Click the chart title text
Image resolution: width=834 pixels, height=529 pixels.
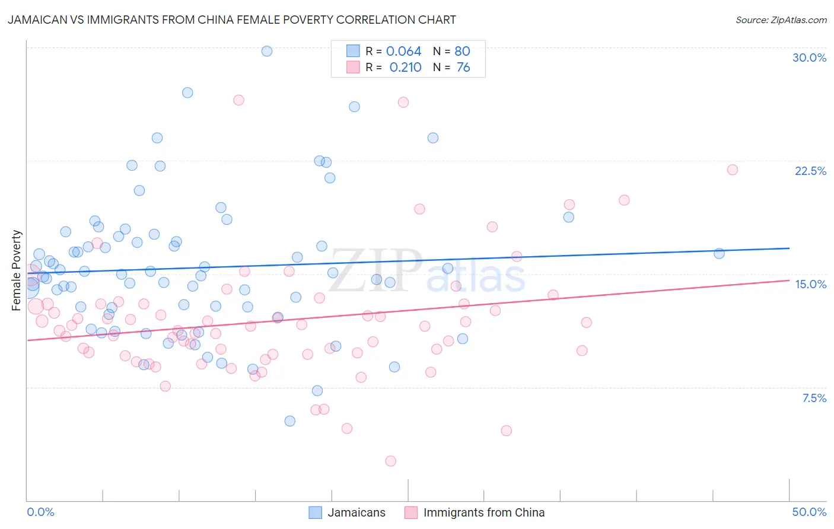[232, 20]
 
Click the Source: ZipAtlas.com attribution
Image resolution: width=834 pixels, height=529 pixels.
[781, 20]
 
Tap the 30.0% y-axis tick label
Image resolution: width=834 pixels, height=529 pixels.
[809, 58]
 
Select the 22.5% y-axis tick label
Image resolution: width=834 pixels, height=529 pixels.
[810, 171]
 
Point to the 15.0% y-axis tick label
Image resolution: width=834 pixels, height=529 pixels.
[810, 284]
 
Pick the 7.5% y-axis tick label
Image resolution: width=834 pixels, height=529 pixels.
[814, 398]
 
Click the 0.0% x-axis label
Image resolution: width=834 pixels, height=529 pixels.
[40, 512]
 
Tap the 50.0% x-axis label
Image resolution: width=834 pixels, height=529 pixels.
[809, 512]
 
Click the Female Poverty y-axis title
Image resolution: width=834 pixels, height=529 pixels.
[17, 270]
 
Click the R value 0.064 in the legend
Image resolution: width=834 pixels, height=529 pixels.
[403, 52]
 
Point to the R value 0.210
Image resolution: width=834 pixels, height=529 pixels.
[405, 68]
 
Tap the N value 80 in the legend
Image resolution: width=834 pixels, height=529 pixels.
[462, 52]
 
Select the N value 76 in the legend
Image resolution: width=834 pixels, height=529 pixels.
[463, 68]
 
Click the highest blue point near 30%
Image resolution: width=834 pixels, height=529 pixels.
[267, 51]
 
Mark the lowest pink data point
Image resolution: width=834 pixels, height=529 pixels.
[390, 461]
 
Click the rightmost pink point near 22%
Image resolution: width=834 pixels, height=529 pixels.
[732, 170]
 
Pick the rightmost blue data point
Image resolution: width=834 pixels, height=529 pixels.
[719, 253]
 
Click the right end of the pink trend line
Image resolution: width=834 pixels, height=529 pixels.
[789, 280]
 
